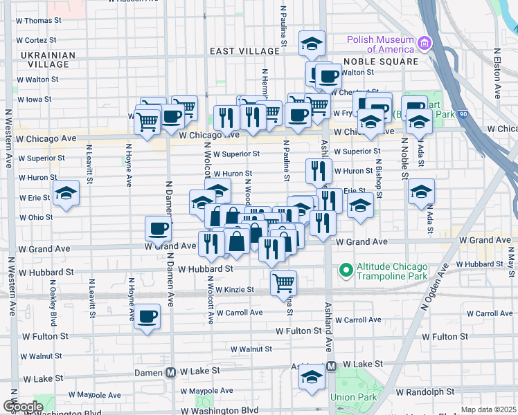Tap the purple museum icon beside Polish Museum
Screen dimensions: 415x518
tap(425, 44)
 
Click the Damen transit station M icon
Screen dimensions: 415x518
tap(170, 372)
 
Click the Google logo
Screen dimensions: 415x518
tap(23, 406)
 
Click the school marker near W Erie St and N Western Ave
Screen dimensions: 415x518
tap(66, 193)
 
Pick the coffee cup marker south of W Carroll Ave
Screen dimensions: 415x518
tap(147, 316)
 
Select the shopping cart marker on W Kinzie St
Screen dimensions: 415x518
tap(283, 282)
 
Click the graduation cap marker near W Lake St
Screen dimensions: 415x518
tap(312, 377)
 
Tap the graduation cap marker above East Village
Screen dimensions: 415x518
tap(312, 43)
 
